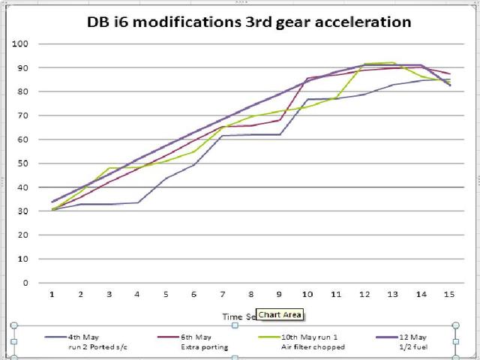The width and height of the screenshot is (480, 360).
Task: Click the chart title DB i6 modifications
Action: coord(247,22)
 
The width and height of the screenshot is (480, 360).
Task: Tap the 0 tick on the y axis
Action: coord(25,283)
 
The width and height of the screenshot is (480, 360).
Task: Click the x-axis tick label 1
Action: coord(52,293)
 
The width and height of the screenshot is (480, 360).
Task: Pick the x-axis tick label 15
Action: coord(448,293)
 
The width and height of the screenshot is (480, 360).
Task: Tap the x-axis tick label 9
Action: coord(279,293)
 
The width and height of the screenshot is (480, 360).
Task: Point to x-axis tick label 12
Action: coord(364,293)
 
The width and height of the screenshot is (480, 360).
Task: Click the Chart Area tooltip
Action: coord(279,315)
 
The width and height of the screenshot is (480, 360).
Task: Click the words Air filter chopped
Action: coord(313,347)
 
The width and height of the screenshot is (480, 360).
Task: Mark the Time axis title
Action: coord(238,316)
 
